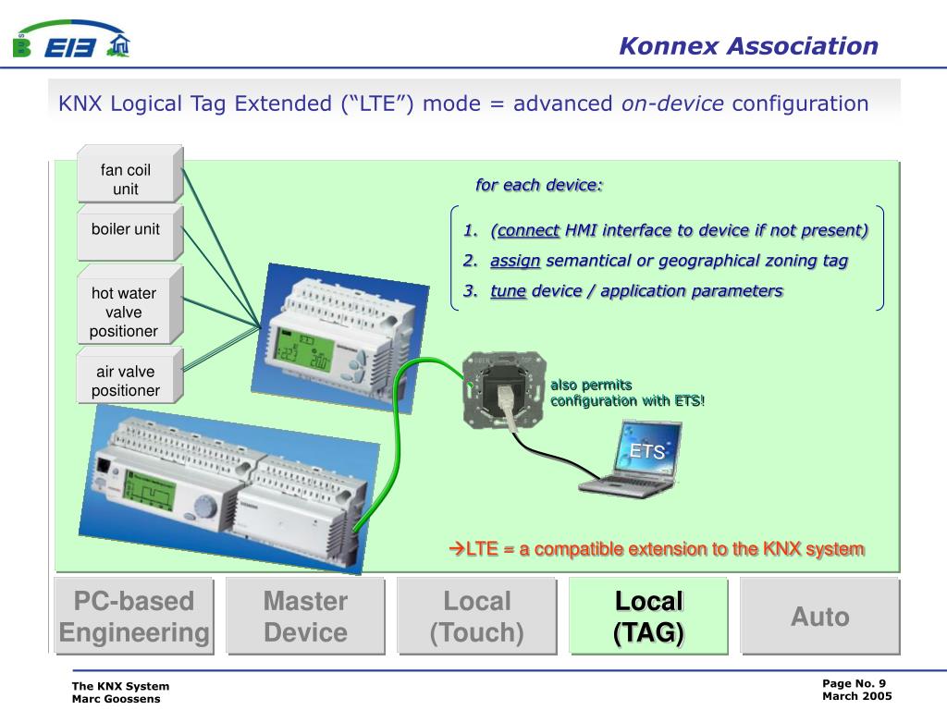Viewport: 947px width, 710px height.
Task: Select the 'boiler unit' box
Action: [x=126, y=229]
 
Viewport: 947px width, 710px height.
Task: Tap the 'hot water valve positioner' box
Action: [x=124, y=312]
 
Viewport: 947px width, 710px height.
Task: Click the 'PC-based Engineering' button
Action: [x=134, y=617]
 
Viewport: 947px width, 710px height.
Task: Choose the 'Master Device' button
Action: [x=305, y=617]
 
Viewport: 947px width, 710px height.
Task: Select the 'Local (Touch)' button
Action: [x=477, y=617]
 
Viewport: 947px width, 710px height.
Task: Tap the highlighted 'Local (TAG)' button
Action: [x=648, y=617]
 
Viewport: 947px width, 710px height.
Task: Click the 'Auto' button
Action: [x=819, y=617]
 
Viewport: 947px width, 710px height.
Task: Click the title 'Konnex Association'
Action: [x=748, y=46]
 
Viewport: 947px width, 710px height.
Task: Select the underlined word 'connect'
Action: [x=527, y=230]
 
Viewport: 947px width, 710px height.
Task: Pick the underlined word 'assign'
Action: [x=515, y=261]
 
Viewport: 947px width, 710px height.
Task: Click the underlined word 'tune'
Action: [x=508, y=291]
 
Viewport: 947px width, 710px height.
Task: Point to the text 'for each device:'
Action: [x=539, y=185]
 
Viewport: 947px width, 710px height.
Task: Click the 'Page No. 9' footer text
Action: [x=855, y=683]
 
